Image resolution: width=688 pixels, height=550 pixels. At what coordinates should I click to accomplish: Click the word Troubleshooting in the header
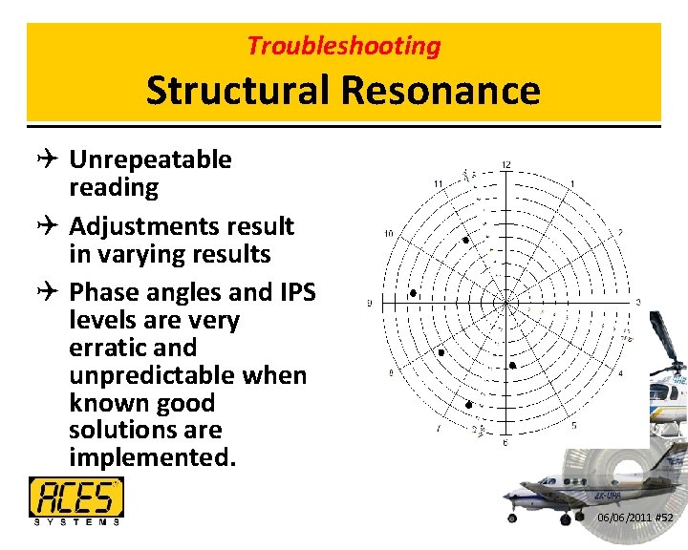click(x=344, y=46)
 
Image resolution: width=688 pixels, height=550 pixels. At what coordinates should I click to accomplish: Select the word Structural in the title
click(x=234, y=91)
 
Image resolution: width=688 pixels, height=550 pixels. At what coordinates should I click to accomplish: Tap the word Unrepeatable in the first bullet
click(x=150, y=159)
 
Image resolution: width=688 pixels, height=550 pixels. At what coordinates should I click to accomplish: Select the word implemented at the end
click(x=151, y=457)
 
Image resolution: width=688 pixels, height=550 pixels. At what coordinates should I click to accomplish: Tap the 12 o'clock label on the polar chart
click(x=505, y=166)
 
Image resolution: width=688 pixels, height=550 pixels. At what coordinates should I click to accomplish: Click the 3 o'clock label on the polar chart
click(x=638, y=303)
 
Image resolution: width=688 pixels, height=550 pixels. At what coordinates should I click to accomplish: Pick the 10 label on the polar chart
click(x=389, y=234)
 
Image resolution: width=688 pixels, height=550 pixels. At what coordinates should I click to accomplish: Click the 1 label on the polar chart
click(x=571, y=183)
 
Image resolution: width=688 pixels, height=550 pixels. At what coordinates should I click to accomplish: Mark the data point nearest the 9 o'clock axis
click(x=413, y=294)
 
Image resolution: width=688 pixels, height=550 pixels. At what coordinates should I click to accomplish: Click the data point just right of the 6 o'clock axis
click(x=513, y=366)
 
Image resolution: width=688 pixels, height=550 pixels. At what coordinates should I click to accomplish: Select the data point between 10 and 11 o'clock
click(x=465, y=241)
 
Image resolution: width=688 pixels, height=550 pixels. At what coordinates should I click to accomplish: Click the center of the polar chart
click(x=505, y=304)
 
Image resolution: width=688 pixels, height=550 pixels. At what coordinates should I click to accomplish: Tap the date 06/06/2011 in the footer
click(x=623, y=518)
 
